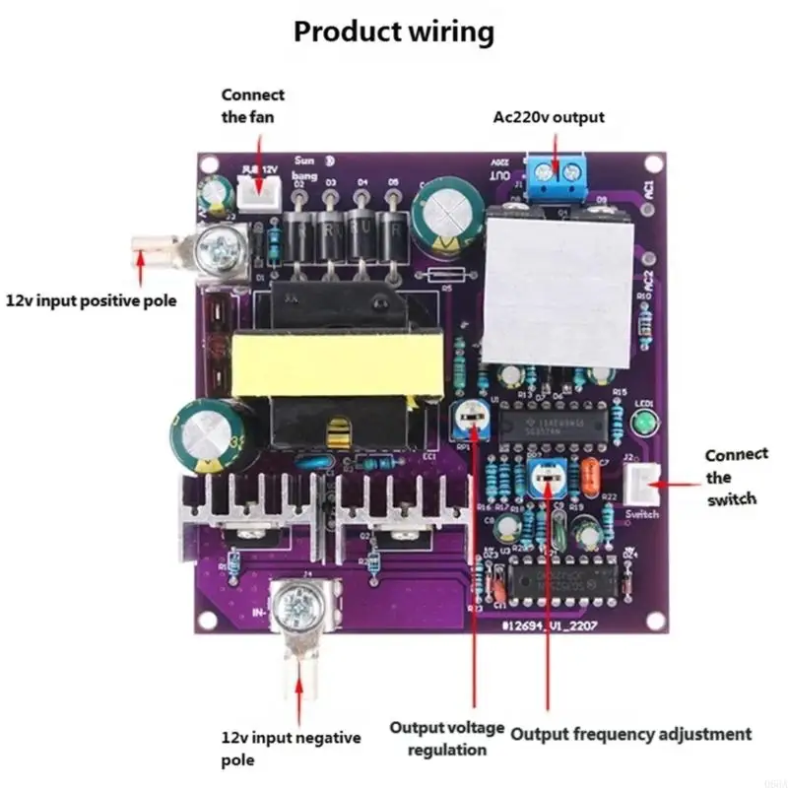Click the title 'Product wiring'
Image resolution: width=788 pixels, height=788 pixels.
click(394, 32)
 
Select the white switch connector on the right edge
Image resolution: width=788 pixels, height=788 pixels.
click(641, 485)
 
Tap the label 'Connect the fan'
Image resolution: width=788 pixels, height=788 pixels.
click(252, 106)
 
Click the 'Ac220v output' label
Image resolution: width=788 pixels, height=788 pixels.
click(549, 117)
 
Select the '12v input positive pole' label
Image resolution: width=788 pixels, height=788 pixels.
click(92, 299)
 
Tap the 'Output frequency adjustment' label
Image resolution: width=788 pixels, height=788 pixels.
click(630, 734)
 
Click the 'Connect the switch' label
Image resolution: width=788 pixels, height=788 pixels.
click(736, 477)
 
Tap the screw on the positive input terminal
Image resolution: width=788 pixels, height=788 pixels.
click(218, 244)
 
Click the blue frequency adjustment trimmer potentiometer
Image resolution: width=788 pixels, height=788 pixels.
click(543, 480)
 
